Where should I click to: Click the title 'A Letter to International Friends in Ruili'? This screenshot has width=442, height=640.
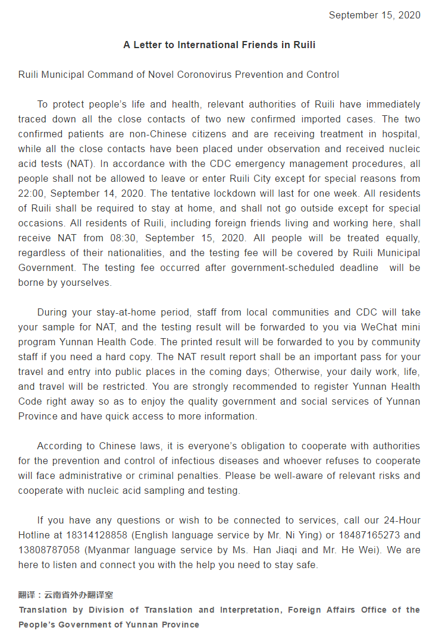point(220,45)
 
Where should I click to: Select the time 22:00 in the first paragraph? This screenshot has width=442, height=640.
point(30,194)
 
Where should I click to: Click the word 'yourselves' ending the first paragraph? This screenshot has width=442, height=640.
point(87,283)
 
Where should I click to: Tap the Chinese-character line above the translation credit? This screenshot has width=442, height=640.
point(65,595)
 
